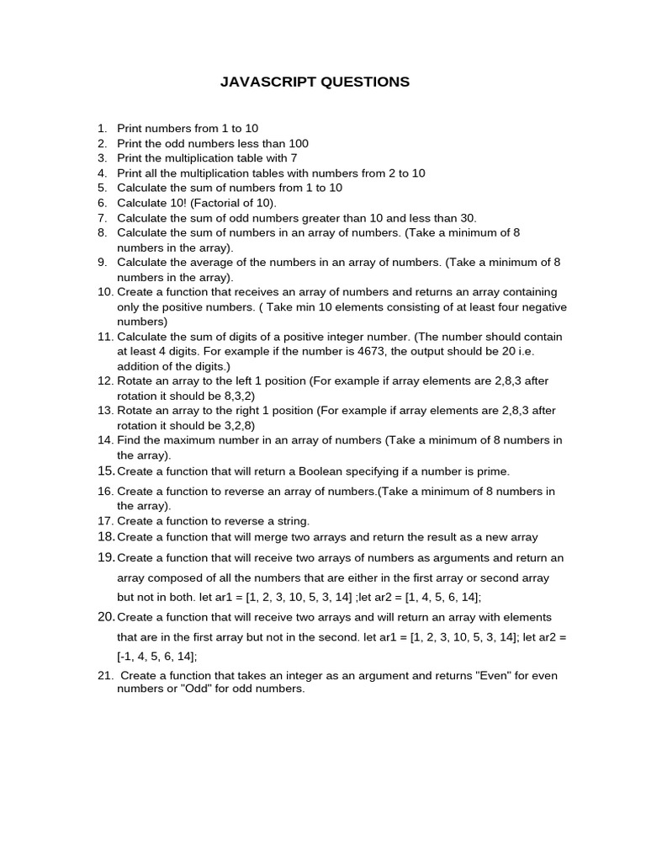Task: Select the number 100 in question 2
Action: click(299, 143)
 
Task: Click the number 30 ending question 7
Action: click(468, 217)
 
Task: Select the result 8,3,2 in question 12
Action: click(238, 396)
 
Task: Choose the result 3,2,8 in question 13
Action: click(238, 425)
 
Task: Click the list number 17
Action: click(105, 521)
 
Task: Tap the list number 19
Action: click(105, 557)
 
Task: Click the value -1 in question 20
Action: click(124, 657)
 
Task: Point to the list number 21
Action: click(105, 675)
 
